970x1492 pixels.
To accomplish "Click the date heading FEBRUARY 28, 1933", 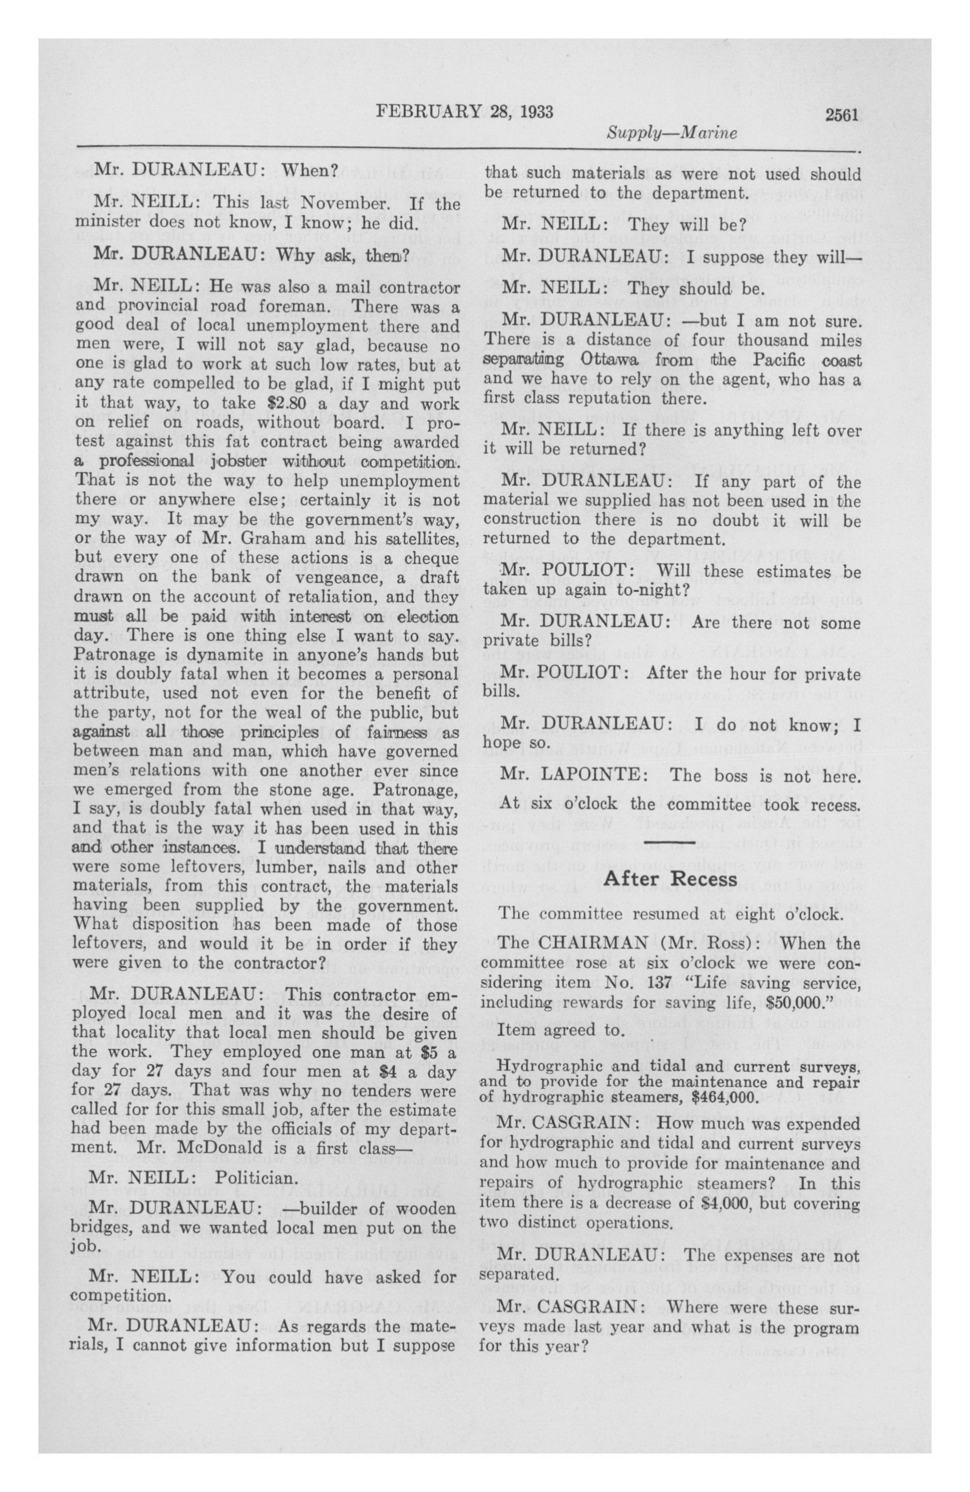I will pyautogui.click(x=464, y=112).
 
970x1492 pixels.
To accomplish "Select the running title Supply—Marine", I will pyautogui.click(x=671, y=133).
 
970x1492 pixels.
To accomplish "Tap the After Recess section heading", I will pyautogui.click(x=670, y=879).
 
